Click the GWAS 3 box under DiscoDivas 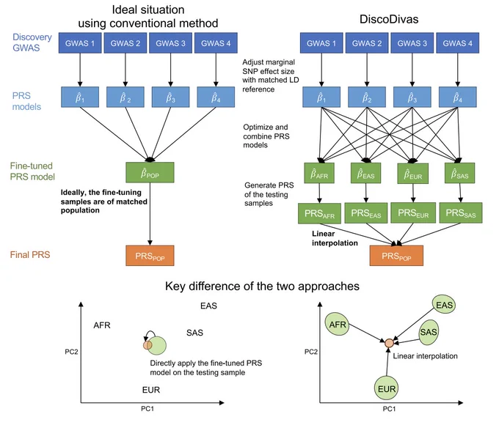(412, 43)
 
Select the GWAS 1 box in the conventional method (80, 43)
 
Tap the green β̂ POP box (150, 173)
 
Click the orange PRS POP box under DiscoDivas (396, 256)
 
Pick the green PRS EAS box (366, 213)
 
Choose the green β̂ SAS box (459, 173)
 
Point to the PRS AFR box (319, 213)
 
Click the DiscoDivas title (389, 19)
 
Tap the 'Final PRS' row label (30, 254)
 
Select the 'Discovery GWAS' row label (32, 42)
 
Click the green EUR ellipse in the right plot (386, 388)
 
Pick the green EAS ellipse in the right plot (444, 305)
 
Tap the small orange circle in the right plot (389, 343)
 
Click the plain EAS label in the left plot (208, 306)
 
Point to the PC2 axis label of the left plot (71, 352)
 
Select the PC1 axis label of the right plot (389, 409)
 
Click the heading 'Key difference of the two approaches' (262, 286)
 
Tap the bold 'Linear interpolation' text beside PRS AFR (335, 238)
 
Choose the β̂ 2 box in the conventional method (125, 97)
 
